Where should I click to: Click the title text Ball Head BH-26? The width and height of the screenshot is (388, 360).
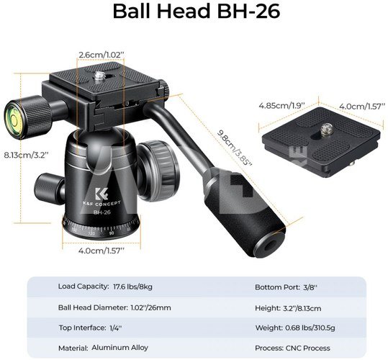tap(197, 11)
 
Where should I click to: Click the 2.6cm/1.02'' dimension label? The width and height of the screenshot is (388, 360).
tap(101, 55)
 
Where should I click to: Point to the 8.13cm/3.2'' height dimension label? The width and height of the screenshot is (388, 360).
tap(26, 155)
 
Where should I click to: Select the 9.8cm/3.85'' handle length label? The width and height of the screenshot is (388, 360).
tap(235, 148)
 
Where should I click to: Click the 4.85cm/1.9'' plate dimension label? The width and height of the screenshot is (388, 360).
tap(281, 106)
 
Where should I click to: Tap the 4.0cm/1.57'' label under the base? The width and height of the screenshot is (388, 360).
tap(101, 251)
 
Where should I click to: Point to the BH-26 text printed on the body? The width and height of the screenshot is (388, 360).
tap(101, 212)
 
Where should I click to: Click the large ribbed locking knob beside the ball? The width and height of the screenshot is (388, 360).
tap(159, 171)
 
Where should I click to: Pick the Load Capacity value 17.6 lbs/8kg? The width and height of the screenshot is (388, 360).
tap(132, 287)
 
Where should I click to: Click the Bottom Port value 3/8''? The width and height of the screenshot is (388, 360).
tap(310, 287)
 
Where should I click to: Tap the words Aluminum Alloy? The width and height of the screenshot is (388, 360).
tap(119, 347)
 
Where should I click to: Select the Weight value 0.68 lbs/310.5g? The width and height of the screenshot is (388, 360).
tap(310, 328)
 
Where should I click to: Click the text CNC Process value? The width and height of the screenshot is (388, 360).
tap(308, 348)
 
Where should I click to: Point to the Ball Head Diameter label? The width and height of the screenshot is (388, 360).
tap(93, 307)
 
